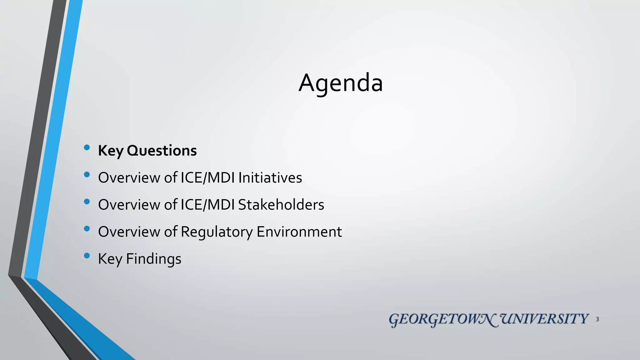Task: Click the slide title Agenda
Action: coord(341,83)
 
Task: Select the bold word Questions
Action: coord(162,151)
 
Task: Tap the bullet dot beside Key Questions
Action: coord(87,147)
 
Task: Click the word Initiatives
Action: coord(270,177)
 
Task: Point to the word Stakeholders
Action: coord(281,205)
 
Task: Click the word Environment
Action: coord(299,232)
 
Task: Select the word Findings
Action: coord(153,259)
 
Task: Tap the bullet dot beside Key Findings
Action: coord(87,256)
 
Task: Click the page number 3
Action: coord(597,319)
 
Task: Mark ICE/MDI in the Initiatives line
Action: coord(207,177)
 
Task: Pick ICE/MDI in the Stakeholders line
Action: coord(207,205)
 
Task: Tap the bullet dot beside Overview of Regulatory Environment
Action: coord(87,229)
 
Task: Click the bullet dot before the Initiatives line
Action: coord(87,175)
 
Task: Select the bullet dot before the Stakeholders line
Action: coord(87,202)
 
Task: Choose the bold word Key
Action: coord(111,151)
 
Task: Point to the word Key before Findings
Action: coord(110,259)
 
